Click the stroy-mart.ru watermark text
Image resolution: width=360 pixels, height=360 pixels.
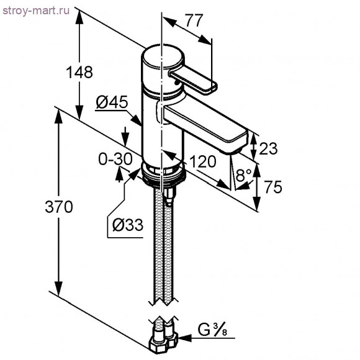pyautogui.click(x=36, y=11)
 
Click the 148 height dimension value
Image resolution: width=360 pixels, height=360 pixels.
pyautogui.click(x=79, y=72)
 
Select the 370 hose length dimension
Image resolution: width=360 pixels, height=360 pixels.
pyautogui.click(x=59, y=207)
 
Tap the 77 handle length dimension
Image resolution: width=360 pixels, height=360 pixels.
pyautogui.click(x=194, y=20)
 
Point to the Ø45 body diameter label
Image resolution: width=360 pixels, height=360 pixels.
pyautogui.click(x=112, y=102)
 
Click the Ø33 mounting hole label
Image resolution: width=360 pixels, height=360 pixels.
pyautogui.click(x=128, y=225)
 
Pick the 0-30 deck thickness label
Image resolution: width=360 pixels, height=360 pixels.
pyautogui.click(x=115, y=159)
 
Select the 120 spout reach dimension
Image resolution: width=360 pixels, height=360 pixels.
pyautogui.click(x=203, y=161)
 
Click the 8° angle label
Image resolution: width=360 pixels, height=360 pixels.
pyautogui.click(x=244, y=175)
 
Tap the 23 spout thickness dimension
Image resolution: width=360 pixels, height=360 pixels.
pyautogui.click(x=268, y=148)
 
